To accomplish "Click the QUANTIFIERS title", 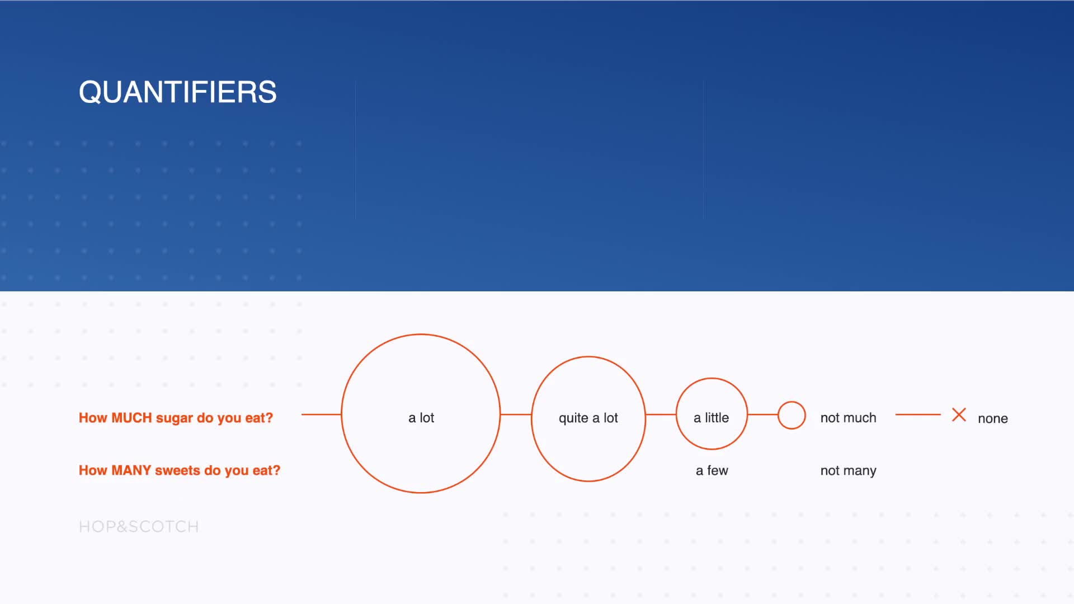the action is (178, 92).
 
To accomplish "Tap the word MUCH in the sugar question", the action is (131, 418).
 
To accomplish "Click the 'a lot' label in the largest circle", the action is (421, 418).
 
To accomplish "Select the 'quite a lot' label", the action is (588, 418).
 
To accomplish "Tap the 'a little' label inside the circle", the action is (712, 418).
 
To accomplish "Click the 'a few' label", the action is (712, 470).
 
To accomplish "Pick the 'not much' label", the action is (849, 418).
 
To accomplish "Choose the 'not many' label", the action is (849, 471).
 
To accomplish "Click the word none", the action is (993, 418).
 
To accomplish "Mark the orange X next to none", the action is (959, 414).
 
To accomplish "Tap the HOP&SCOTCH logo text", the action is (139, 527).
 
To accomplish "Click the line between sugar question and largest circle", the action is (321, 414).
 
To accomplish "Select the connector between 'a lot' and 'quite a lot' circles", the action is (516, 414).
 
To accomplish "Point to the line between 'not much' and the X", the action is (918, 414).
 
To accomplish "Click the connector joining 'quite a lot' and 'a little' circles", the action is (661, 414).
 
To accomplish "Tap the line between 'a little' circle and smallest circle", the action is (762, 414).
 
